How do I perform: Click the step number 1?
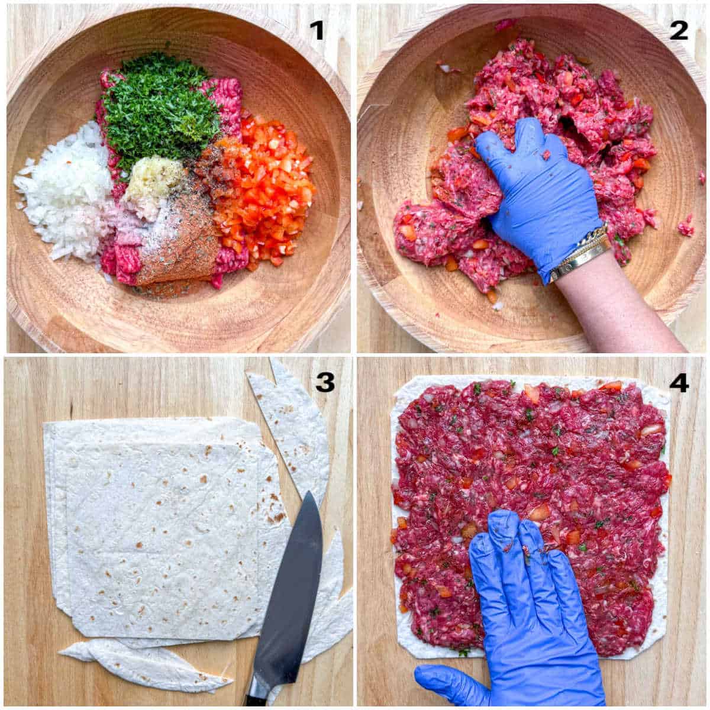click(x=318, y=30)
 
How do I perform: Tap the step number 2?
click(x=679, y=30)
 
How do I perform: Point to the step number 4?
click(x=679, y=383)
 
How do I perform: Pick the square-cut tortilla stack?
click(x=160, y=527)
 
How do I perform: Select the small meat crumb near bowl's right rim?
click(x=686, y=225)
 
